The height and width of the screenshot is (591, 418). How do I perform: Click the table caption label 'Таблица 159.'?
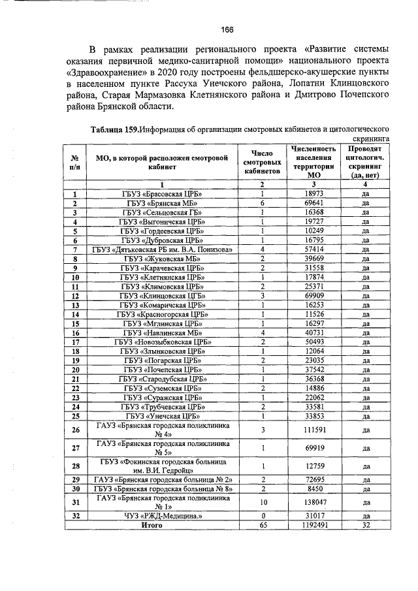(x=115, y=130)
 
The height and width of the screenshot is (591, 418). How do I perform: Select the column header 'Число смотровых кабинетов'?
(x=262, y=161)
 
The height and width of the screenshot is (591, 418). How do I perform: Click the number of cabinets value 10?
(x=262, y=502)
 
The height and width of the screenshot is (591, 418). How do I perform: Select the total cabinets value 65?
(x=262, y=525)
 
